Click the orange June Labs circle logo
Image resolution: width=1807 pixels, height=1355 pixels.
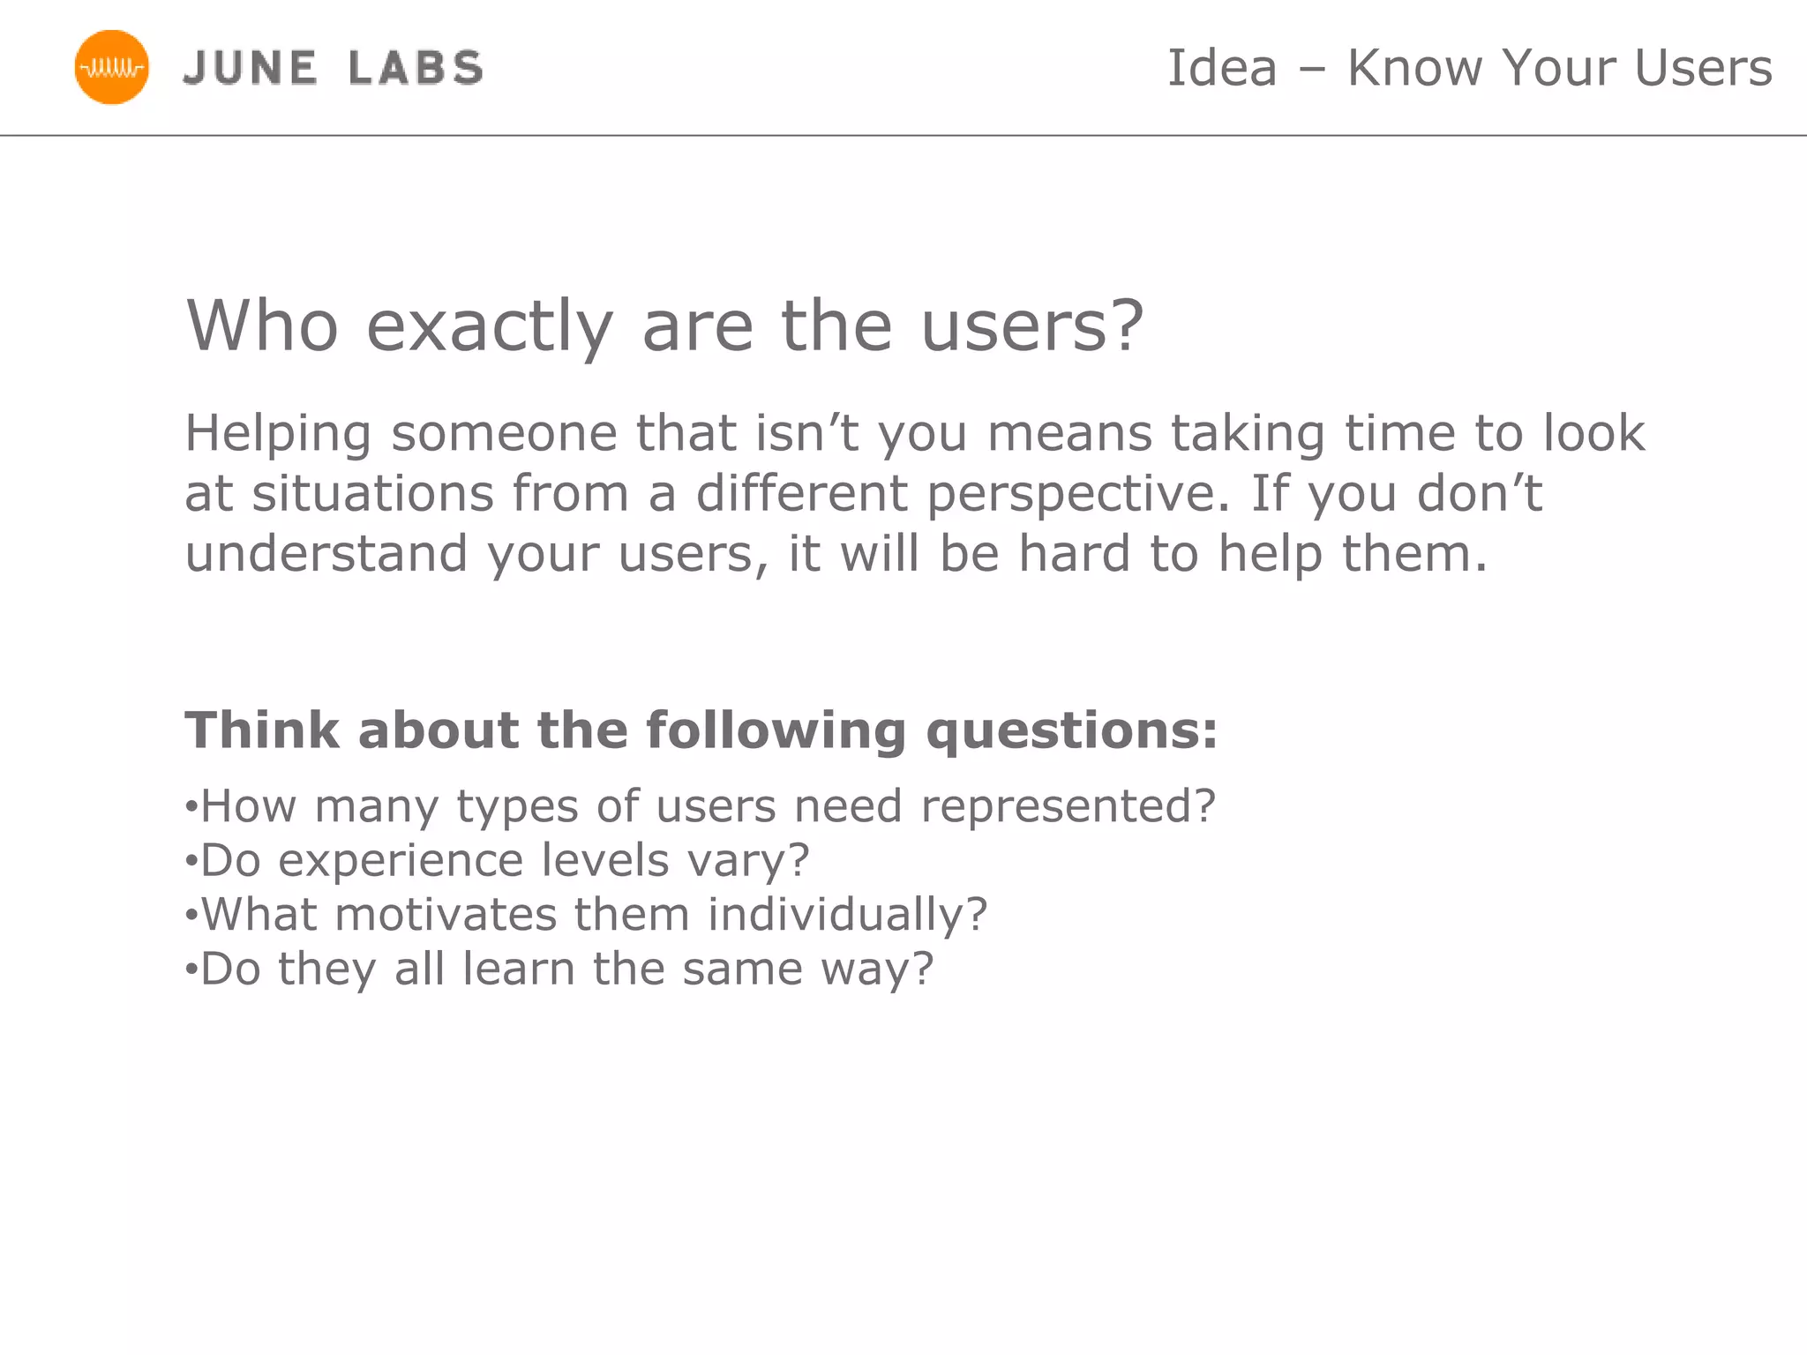coord(111,67)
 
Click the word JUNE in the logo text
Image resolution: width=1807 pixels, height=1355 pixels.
coord(251,68)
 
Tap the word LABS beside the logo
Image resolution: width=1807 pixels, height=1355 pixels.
coord(416,68)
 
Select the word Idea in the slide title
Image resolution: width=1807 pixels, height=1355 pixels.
coord(1222,68)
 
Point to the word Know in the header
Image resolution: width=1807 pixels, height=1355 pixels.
coord(1415,68)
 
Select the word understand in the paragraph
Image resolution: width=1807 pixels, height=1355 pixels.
coord(326,554)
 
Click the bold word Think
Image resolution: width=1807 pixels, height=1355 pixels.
coord(262,730)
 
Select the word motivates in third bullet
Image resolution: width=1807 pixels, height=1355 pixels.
coord(446,914)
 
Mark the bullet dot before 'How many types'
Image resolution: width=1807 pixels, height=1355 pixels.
coord(190,807)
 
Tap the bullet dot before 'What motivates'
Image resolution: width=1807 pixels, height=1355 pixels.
coord(190,915)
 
